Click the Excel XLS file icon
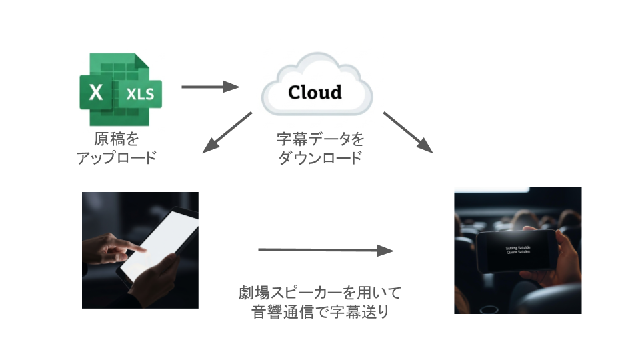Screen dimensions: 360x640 [121, 90]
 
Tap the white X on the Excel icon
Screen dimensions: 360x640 [97, 93]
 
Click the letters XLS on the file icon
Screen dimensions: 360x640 [140, 93]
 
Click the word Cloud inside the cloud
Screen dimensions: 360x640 [315, 92]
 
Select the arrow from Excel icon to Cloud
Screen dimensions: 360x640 [210, 87]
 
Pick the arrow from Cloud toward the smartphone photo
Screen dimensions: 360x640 [408, 132]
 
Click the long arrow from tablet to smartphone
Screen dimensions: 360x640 [326, 251]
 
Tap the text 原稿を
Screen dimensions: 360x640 [116, 140]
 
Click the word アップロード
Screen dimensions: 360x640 [116, 159]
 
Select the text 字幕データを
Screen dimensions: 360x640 [321, 140]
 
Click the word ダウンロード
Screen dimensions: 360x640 [321, 159]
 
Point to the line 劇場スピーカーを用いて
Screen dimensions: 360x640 [321, 293]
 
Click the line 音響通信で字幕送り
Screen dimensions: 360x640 [321, 312]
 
